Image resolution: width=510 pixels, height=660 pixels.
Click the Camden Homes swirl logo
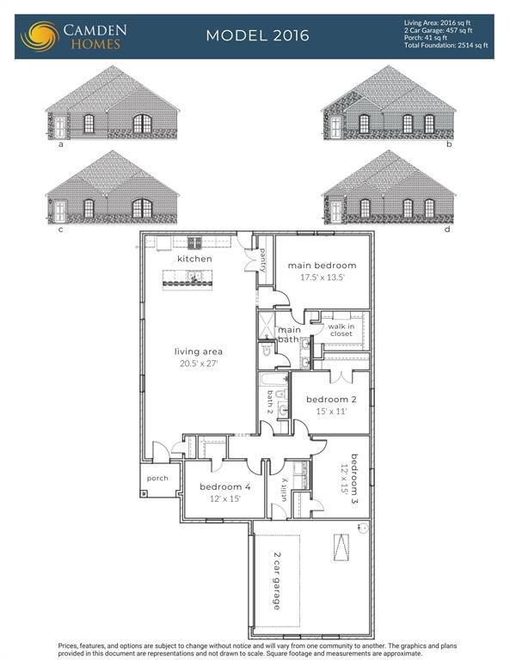coord(40,36)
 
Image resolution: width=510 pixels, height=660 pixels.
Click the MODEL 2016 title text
coord(257,35)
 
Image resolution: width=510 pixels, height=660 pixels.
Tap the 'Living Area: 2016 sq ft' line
coord(437,23)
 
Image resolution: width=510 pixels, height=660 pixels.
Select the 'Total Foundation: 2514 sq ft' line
coord(446,45)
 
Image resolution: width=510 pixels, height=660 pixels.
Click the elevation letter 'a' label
coord(61,144)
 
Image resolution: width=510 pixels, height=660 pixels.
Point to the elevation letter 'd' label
coord(447,229)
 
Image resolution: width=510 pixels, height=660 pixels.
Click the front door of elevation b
coord(335,127)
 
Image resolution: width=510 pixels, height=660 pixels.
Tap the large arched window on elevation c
coord(143,208)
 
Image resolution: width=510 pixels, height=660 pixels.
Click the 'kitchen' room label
coord(194,259)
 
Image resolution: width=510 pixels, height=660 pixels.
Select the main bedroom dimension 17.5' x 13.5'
coord(323,277)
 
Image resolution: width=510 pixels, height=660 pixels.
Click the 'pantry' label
coord(263,260)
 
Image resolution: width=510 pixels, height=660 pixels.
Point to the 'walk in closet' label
coord(341,330)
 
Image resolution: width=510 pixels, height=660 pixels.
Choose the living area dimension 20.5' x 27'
coord(199,364)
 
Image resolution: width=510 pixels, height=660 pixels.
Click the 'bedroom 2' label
coord(331,399)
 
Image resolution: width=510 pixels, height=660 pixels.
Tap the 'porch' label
coord(157,478)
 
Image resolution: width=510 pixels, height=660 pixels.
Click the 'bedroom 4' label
coord(224,486)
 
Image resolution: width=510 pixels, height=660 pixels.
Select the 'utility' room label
coord(285,490)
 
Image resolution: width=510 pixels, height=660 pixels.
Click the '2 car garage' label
coord(276,581)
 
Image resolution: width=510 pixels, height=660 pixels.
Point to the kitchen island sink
coord(194,277)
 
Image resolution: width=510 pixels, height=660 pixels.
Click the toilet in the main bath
coord(266,351)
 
